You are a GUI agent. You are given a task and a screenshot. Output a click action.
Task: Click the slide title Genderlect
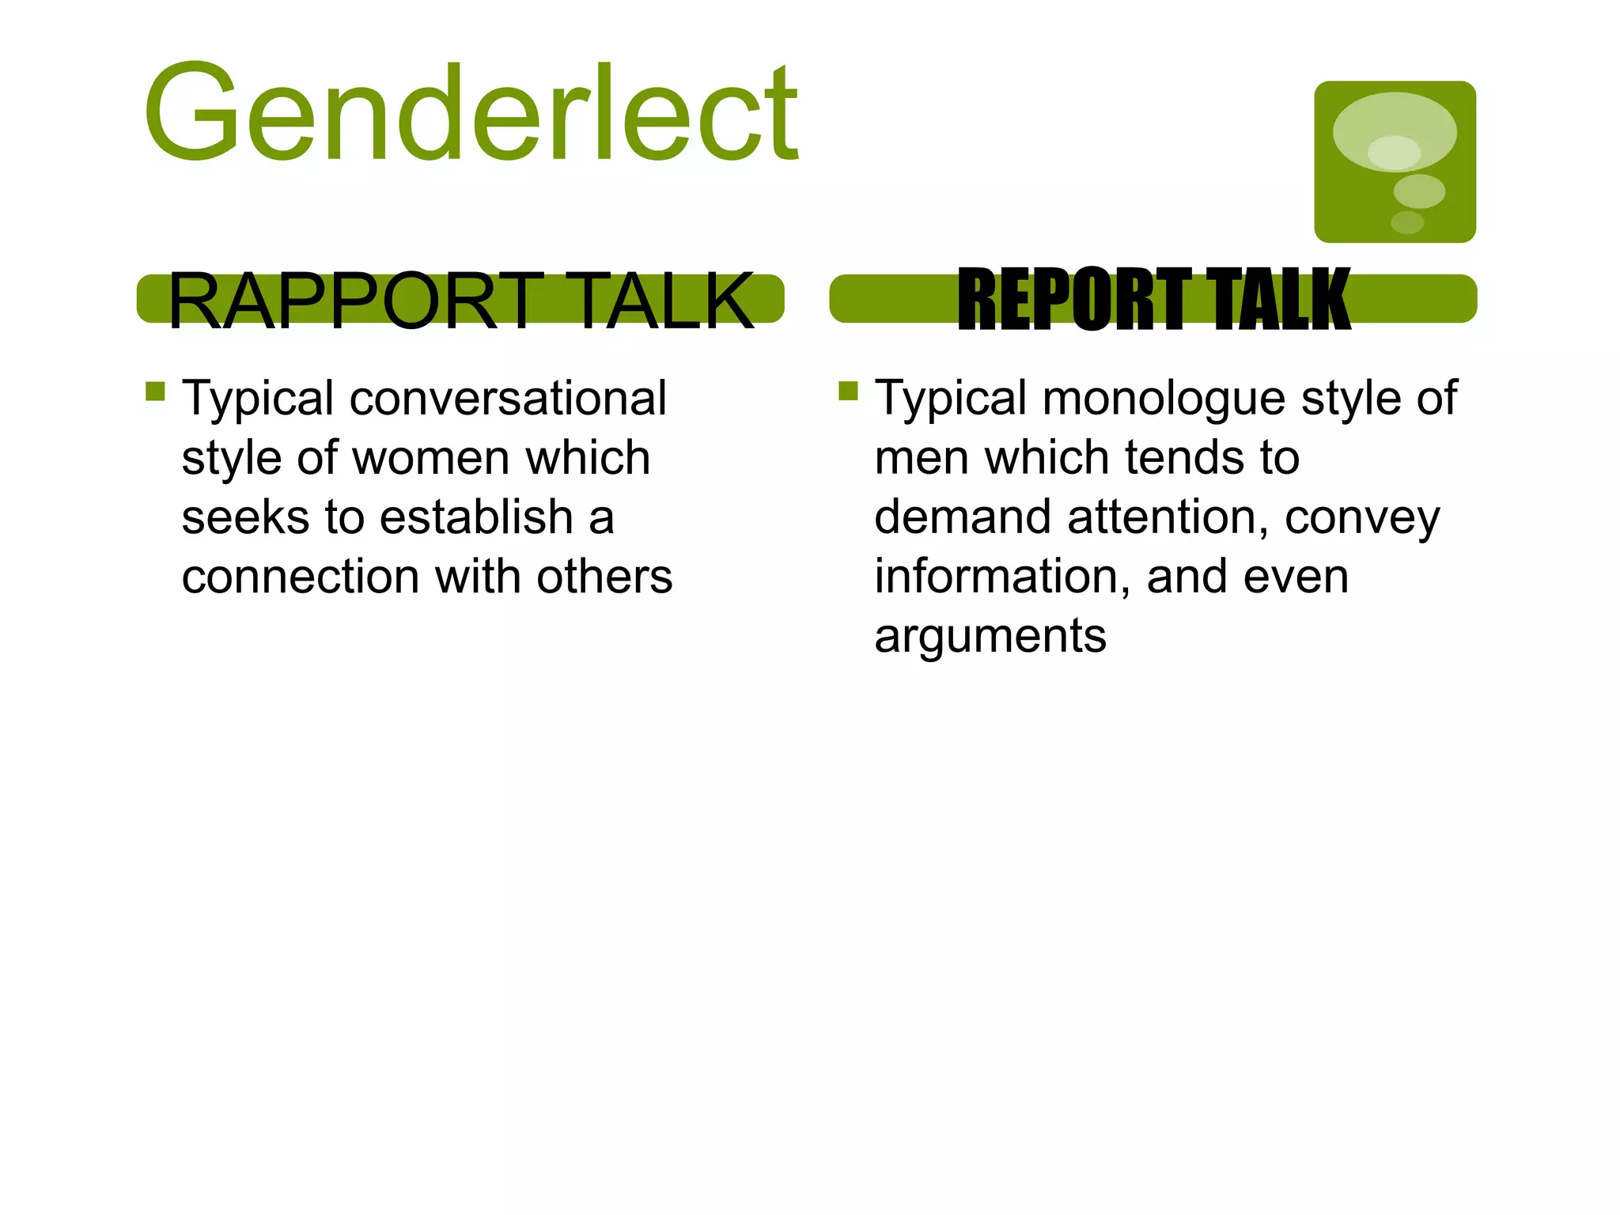471,113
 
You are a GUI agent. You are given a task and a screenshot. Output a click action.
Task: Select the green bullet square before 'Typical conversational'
155,392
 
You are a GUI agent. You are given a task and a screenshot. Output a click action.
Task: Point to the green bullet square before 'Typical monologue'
848,392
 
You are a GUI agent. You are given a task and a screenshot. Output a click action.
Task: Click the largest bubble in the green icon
1394,131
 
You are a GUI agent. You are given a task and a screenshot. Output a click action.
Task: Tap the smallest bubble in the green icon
1407,222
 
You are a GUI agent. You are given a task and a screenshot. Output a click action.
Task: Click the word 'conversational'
508,398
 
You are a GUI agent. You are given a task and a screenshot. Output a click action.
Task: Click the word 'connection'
301,577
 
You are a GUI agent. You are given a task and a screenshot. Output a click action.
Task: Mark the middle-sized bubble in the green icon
1419,191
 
